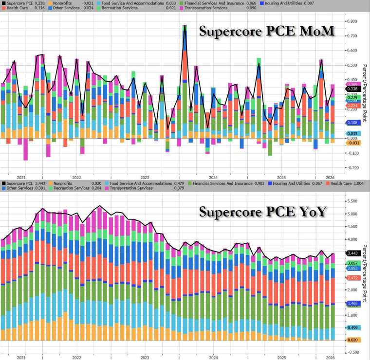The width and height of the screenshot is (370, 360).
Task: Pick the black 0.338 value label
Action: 352,89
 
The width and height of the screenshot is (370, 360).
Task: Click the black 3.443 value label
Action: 352,253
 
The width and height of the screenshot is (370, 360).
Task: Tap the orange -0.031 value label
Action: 352,143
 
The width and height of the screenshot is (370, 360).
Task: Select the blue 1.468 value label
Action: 352,303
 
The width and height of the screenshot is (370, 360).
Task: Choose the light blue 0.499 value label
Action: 352,328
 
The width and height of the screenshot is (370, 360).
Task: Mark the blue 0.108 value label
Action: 352,123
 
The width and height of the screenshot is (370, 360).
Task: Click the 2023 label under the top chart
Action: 145,178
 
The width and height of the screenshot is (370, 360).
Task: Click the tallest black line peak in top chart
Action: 185,25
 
